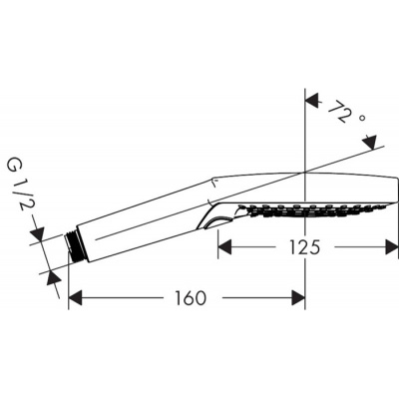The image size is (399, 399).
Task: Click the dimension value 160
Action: tap(189, 298)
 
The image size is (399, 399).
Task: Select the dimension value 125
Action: tap(298, 247)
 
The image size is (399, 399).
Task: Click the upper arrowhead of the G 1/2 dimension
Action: tap(37, 234)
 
